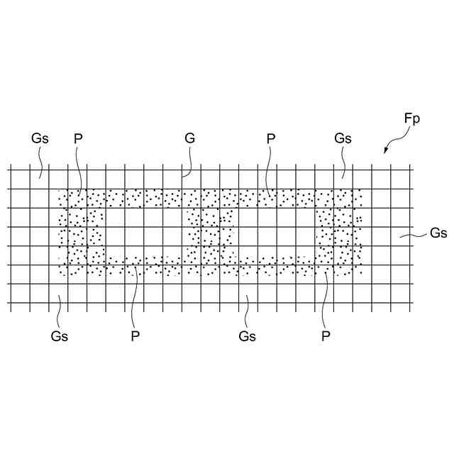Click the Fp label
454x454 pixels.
(x=412, y=118)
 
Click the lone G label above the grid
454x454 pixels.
(x=189, y=138)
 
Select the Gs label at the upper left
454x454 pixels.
(x=40, y=138)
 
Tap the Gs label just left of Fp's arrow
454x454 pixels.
(x=343, y=138)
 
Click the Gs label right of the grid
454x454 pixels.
(x=438, y=233)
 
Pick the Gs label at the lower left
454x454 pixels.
(x=60, y=336)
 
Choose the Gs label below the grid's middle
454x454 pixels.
(x=247, y=336)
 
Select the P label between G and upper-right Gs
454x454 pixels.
(x=270, y=138)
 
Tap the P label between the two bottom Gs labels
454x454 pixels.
(x=135, y=336)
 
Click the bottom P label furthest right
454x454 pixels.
(x=326, y=336)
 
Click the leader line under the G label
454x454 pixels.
(x=185, y=162)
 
